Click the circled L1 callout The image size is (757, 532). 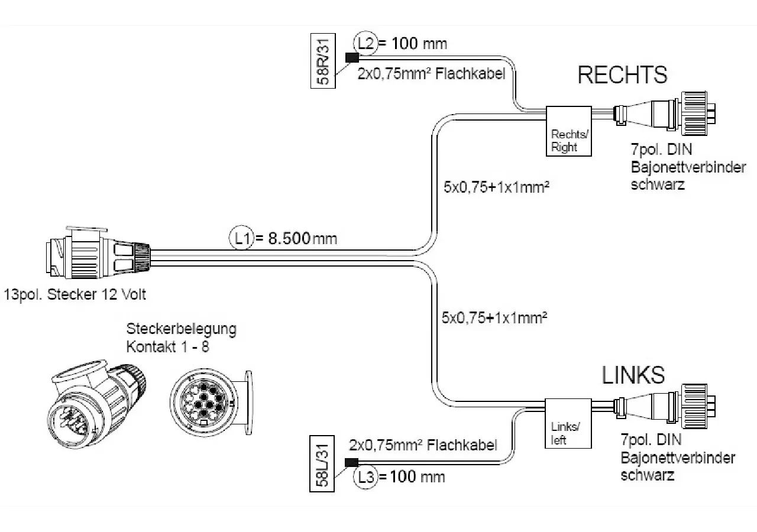(x=241, y=238)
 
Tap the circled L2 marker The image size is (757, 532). (x=365, y=44)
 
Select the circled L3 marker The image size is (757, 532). (x=365, y=477)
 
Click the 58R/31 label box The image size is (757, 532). (x=323, y=61)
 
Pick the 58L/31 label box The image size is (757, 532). (x=322, y=463)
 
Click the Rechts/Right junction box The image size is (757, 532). (x=569, y=131)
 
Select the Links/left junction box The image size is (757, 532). (x=568, y=424)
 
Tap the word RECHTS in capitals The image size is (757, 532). (x=623, y=74)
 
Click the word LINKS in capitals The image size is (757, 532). (x=633, y=375)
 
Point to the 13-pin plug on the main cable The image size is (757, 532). (x=98, y=252)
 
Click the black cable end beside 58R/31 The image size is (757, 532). (x=352, y=58)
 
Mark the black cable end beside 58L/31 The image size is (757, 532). (x=351, y=463)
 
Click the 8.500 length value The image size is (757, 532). (x=289, y=238)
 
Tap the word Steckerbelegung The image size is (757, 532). (x=182, y=329)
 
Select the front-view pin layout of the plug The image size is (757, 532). (x=211, y=403)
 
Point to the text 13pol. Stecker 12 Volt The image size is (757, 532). (x=75, y=295)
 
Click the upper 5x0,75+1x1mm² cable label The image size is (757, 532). (x=496, y=187)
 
